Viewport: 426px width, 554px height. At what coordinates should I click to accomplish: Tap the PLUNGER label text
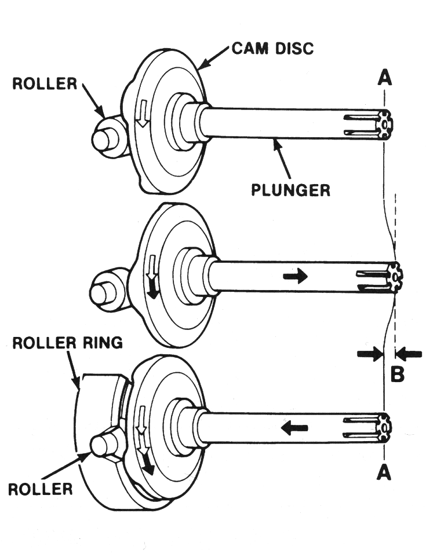click(290, 189)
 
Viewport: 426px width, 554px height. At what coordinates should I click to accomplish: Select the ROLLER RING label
click(68, 343)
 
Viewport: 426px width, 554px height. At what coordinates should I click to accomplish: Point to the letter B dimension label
click(397, 375)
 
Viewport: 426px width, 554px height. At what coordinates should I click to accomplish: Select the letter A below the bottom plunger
click(384, 474)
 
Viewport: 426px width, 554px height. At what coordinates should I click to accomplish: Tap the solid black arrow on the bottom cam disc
click(148, 463)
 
